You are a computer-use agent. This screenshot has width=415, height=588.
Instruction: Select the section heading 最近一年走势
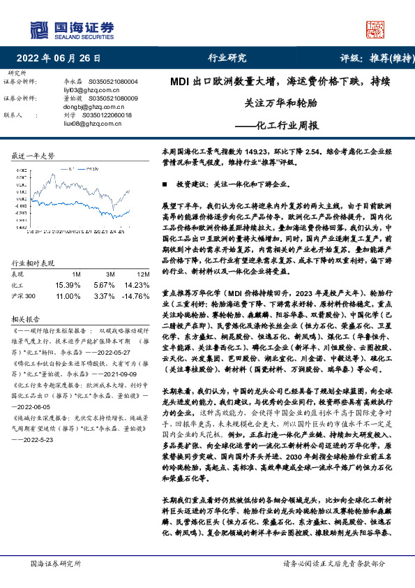click(33, 156)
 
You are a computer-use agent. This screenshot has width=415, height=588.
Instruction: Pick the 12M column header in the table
click(144, 274)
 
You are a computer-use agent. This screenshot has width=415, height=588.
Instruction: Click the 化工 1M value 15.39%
click(67, 285)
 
